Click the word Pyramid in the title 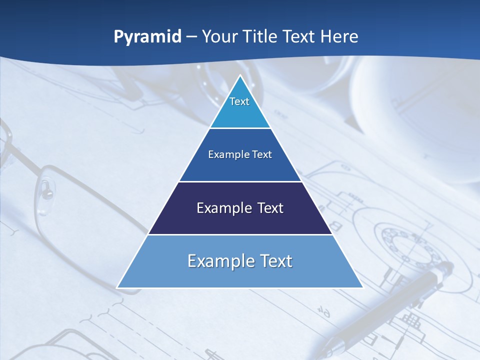[147, 37]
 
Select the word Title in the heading [262, 37]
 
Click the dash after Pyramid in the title [191, 37]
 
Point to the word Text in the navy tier [267, 208]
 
